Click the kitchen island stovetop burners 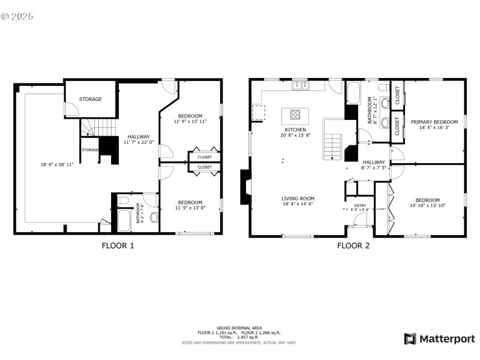[x=296, y=114]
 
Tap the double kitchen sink [x=299, y=86]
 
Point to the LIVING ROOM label [x=298, y=199]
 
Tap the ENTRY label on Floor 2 [x=360, y=206]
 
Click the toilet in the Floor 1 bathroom [x=122, y=201]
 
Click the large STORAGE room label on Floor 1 [x=91, y=99]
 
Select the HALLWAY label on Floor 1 [x=139, y=137]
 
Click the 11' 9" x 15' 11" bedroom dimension [x=190, y=122]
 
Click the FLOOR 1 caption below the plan [x=118, y=245]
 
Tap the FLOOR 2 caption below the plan [x=353, y=245]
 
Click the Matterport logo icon [x=410, y=339]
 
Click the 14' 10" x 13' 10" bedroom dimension [x=427, y=206]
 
